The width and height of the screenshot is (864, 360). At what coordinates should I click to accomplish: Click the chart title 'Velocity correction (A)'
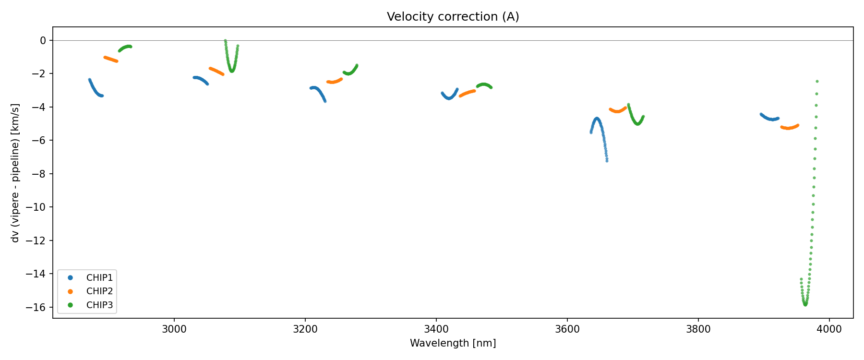[x=453, y=17]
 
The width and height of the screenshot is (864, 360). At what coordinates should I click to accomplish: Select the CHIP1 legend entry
[x=99, y=277]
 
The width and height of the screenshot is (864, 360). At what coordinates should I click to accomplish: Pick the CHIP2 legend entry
[x=99, y=291]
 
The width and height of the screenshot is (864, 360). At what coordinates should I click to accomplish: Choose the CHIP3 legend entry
[x=99, y=305]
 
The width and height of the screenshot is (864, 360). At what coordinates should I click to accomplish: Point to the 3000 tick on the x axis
[x=174, y=329]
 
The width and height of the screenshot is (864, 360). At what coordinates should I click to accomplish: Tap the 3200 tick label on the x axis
[x=305, y=329]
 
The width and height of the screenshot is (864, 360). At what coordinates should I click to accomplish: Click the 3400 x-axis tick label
[x=436, y=329]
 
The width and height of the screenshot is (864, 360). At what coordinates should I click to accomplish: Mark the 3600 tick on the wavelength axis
[x=567, y=329]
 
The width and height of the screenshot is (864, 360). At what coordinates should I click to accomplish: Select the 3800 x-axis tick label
[x=698, y=329]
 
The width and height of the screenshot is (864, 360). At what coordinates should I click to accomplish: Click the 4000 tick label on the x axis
[x=829, y=329]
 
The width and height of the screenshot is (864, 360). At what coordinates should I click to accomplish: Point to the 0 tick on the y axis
[x=43, y=40]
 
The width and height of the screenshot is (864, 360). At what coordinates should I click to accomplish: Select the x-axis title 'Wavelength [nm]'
[x=453, y=343]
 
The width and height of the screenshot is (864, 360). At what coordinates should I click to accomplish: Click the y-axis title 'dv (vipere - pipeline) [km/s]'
[x=15, y=173]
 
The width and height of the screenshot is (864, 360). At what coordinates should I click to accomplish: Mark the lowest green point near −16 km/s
[x=805, y=304]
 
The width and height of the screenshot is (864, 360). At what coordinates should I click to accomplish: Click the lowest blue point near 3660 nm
[x=607, y=161]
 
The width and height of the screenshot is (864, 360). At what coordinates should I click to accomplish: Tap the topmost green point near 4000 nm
[x=817, y=81]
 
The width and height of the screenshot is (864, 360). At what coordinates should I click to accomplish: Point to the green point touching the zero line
[x=225, y=41]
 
